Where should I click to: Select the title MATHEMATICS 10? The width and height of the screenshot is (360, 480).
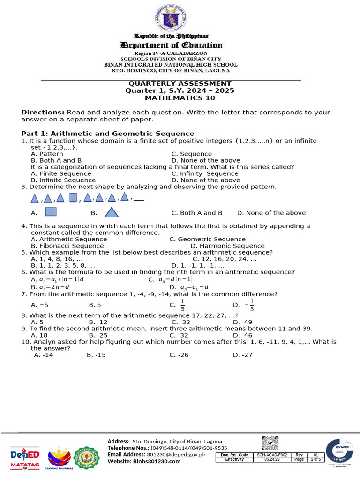[180, 98]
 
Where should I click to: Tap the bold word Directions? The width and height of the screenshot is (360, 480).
[43, 112]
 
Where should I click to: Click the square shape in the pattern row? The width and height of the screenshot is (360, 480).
[73, 197]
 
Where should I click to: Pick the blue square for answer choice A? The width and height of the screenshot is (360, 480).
[51, 212]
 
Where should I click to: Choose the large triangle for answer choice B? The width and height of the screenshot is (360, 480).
[111, 212]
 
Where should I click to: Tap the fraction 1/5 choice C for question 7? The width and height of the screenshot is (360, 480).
[183, 306]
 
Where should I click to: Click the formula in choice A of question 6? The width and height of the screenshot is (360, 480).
[61, 279]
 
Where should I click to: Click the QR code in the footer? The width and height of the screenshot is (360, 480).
[270, 443]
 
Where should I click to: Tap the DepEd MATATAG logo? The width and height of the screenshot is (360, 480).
[25, 458]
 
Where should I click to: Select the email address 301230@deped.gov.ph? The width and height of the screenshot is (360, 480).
[176, 455]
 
